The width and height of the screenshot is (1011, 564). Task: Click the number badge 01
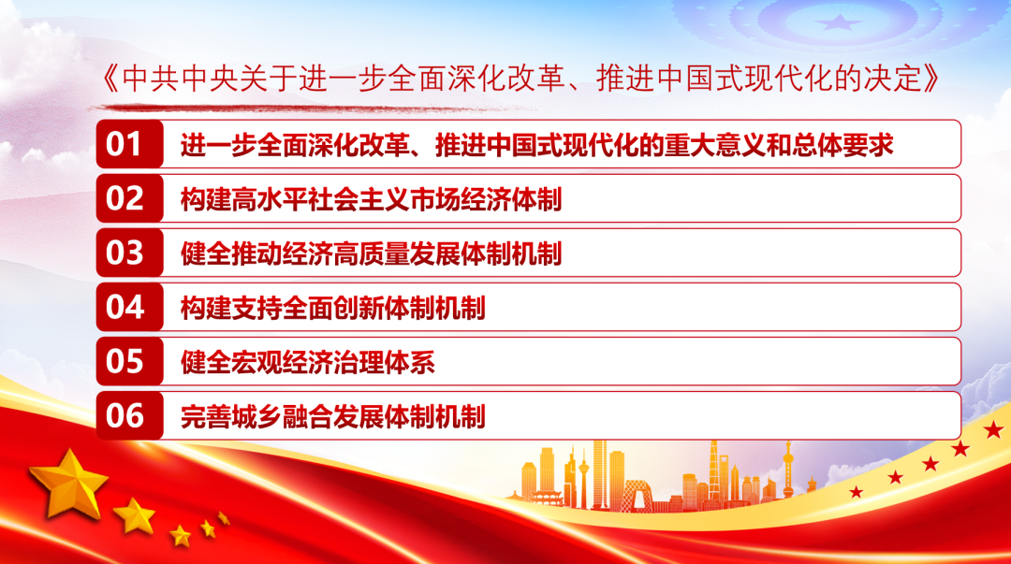coord(129,144)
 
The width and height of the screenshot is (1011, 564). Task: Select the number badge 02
coord(129,198)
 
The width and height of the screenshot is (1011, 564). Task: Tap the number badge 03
coord(129,253)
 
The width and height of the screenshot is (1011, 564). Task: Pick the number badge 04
coord(129,307)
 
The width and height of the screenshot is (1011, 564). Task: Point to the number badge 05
coord(129,361)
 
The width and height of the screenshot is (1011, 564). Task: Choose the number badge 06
coord(129,415)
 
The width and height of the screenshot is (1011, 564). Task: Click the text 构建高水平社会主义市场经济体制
coord(371,199)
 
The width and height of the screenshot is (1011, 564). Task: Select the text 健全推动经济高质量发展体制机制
coord(371,253)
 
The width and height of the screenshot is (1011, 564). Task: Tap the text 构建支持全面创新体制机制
coord(332,308)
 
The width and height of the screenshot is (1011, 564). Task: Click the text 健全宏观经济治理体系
coord(308,362)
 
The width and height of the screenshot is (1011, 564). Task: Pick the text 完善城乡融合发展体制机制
coord(332,416)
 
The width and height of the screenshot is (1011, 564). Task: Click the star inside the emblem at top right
coord(838,23)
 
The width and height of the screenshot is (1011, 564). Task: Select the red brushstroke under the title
coord(310,108)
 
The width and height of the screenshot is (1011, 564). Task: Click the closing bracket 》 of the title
coord(931,79)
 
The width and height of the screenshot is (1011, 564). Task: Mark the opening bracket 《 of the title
coord(110,79)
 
